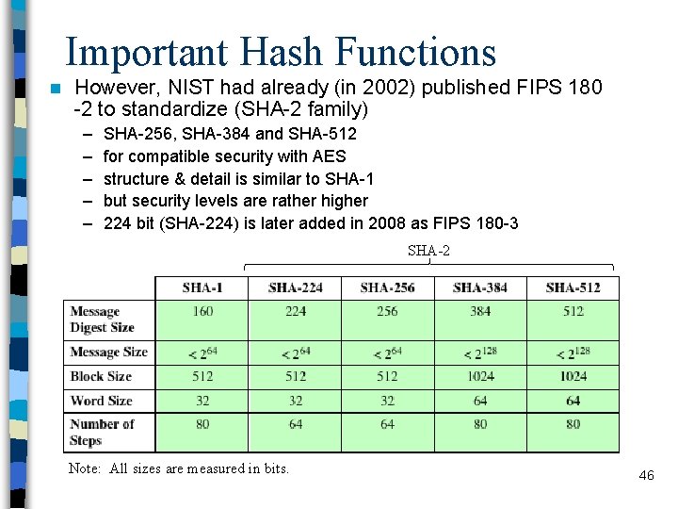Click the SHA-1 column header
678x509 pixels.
(202, 287)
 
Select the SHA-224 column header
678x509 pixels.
(295, 287)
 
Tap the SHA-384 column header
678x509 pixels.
(480, 287)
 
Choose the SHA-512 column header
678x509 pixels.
(573, 287)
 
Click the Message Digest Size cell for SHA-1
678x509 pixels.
(202, 311)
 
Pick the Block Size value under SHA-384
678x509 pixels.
(480, 376)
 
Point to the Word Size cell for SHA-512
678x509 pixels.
(573, 401)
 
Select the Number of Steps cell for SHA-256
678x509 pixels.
(387, 424)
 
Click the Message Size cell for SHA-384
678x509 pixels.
(480, 353)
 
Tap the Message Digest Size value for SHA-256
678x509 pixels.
(387, 311)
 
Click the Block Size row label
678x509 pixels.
(101, 376)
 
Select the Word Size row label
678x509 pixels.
(101, 401)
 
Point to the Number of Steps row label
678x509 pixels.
(102, 432)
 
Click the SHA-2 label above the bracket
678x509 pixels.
(428, 251)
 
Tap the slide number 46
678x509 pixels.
(646, 475)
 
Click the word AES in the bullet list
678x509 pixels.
(329, 156)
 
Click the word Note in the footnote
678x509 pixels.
(85, 468)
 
